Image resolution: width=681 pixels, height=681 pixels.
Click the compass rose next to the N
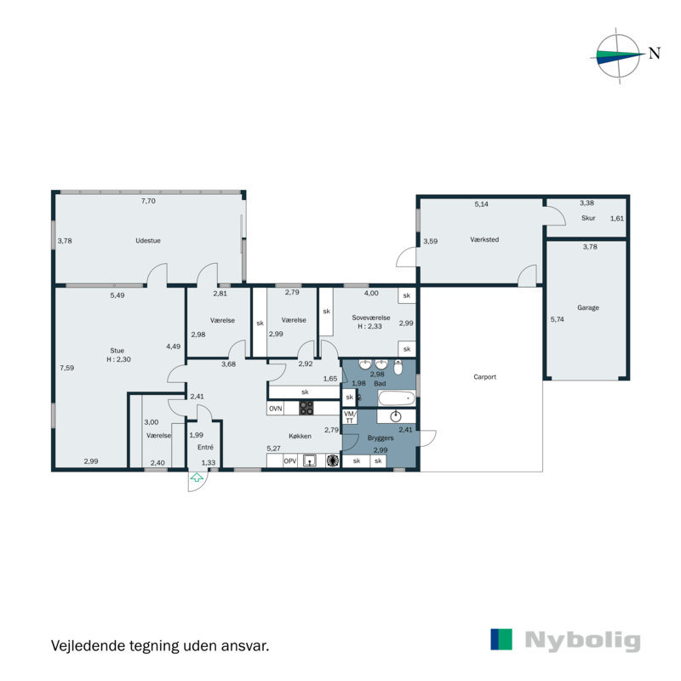coord(618,55)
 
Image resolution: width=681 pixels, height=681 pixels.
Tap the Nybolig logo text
coord(582,640)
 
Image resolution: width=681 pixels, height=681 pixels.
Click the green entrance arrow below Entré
coord(197,479)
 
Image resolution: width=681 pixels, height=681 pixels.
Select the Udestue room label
coord(148,241)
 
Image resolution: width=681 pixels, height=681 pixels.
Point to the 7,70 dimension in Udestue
coord(148,202)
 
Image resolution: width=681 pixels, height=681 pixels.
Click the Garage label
coord(588,308)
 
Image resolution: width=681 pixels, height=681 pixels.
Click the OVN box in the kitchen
coord(276,409)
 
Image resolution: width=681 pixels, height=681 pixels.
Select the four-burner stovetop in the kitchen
coord(306,409)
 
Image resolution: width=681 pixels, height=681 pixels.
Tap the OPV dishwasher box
coord(290,461)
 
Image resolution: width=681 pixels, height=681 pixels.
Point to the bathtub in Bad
coord(396,398)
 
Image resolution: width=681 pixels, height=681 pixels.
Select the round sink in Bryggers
coord(395,416)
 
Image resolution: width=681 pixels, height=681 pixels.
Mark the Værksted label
coord(484,240)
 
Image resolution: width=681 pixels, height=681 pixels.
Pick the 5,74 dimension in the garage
coord(558,319)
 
